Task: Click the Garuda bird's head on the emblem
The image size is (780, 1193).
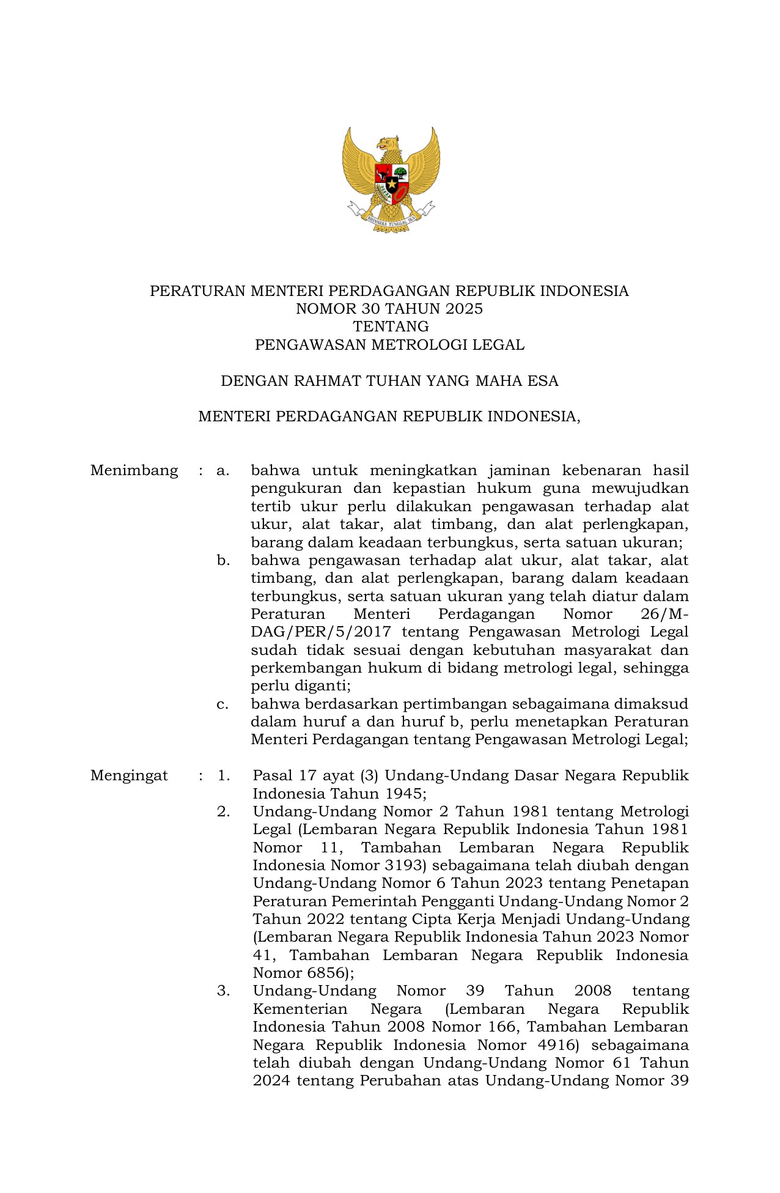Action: coord(387,144)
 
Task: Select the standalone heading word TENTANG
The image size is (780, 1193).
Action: coord(390,327)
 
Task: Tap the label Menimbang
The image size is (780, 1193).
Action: coord(134,470)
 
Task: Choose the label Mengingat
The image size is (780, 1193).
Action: coord(129,775)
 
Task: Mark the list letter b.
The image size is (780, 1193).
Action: coord(223,560)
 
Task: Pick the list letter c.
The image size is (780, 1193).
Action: coord(223,704)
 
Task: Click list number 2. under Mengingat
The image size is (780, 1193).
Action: coord(224,811)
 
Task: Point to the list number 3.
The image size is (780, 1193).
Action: coord(224,991)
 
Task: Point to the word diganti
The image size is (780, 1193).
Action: coord(322,685)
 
